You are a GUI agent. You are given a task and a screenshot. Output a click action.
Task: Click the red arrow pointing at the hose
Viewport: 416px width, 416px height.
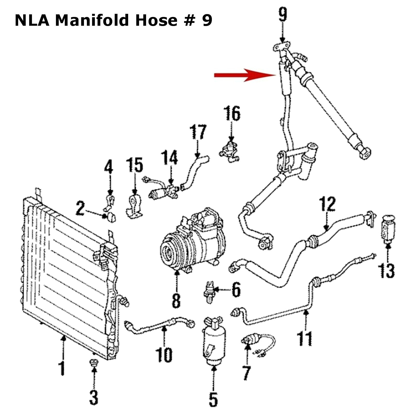pos(245,75)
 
